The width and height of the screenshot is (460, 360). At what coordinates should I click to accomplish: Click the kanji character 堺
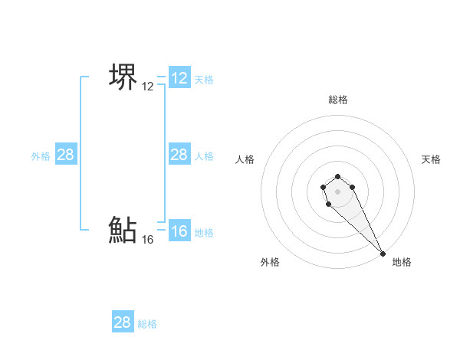pyautogui.click(x=123, y=77)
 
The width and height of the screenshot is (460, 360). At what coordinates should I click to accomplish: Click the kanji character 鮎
pyautogui.click(x=123, y=230)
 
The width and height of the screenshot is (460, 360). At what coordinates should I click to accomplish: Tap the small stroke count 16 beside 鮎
pyautogui.click(x=148, y=240)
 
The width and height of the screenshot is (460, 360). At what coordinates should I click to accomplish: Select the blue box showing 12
pyautogui.click(x=179, y=78)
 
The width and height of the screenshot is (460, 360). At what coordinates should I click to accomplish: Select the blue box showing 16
pyautogui.click(x=179, y=231)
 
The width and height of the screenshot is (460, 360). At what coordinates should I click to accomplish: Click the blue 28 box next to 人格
pyautogui.click(x=179, y=155)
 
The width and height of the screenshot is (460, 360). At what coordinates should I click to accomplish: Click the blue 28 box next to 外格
pyautogui.click(x=65, y=155)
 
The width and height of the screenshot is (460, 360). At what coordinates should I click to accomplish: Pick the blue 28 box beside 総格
pyautogui.click(x=123, y=322)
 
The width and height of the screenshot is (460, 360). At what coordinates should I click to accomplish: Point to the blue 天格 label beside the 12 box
pyautogui.click(x=204, y=80)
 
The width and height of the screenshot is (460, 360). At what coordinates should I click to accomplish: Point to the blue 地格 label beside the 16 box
pyautogui.click(x=204, y=233)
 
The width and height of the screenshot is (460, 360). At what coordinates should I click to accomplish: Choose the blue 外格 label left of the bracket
pyautogui.click(x=41, y=156)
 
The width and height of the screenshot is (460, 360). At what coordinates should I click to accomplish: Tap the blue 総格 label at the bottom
pyautogui.click(x=147, y=324)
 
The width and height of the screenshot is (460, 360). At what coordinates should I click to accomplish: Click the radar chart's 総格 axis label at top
pyautogui.click(x=338, y=100)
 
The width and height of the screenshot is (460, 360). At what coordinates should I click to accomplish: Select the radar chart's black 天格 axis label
pyautogui.click(x=432, y=159)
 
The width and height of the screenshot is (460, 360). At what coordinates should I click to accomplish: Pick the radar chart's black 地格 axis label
pyautogui.click(x=402, y=262)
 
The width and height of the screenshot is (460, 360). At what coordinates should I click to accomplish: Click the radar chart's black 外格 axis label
pyautogui.click(x=270, y=262)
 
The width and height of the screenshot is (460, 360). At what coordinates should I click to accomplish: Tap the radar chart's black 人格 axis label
pyautogui.click(x=245, y=159)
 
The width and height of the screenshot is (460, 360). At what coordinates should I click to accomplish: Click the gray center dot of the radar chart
pyautogui.click(x=337, y=191)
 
